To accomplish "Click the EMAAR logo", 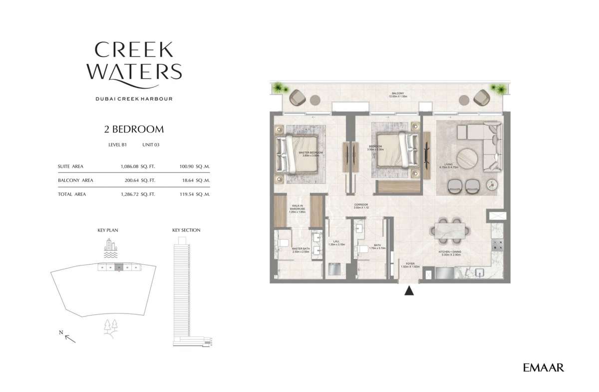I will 543,368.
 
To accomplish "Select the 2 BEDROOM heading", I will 134,129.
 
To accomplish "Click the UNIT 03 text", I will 151,144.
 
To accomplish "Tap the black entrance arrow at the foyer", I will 409,290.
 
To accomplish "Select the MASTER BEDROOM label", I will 310,153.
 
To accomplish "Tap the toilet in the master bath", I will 282,243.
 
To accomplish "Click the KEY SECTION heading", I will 186,230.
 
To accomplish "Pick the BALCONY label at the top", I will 397,94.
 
